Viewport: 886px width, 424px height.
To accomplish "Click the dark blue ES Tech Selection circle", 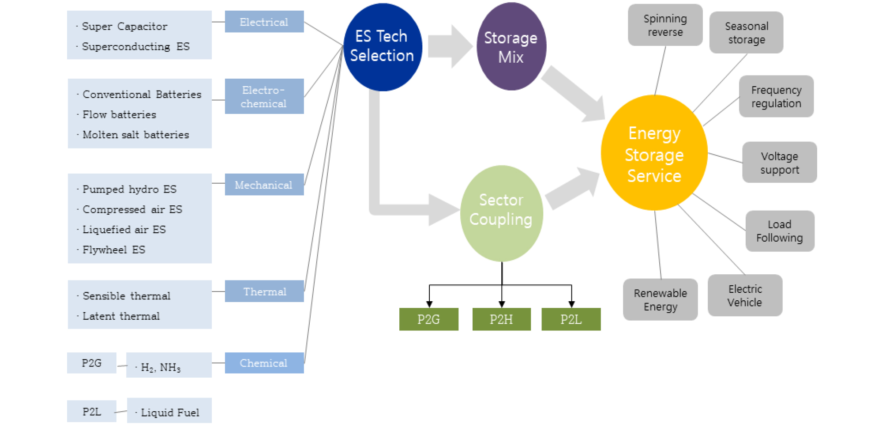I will [x=382, y=47].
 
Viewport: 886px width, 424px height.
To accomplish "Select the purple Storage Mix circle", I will [x=511, y=47].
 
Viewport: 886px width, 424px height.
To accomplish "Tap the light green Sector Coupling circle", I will [x=501, y=213].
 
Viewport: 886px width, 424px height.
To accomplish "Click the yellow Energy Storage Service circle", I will [x=654, y=153].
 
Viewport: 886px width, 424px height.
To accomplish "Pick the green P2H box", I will [x=501, y=319].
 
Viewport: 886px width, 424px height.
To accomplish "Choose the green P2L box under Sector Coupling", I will [x=571, y=319].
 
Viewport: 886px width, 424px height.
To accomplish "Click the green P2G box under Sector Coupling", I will [x=428, y=319].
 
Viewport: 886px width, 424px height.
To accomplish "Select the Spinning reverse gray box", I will [x=665, y=25].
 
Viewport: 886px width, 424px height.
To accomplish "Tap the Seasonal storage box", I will [x=746, y=33].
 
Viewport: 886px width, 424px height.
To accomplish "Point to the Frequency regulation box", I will [x=776, y=96].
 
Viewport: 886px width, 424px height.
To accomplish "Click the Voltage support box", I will [x=779, y=163].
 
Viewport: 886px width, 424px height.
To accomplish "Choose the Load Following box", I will [x=780, y=231].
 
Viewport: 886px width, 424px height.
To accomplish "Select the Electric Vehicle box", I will [x=745, y=295].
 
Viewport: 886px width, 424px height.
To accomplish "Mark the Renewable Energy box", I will [x=660, y=299].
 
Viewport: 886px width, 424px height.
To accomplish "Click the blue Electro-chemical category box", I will [x=264, y=96].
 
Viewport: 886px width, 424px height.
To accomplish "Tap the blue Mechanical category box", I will [x=264, y=185].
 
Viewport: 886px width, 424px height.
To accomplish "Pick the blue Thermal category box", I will [x=264, y=291].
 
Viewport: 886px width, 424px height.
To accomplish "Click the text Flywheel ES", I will [x=114, y=250].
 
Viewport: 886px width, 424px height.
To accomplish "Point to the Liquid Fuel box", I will [x=169, y=411].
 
